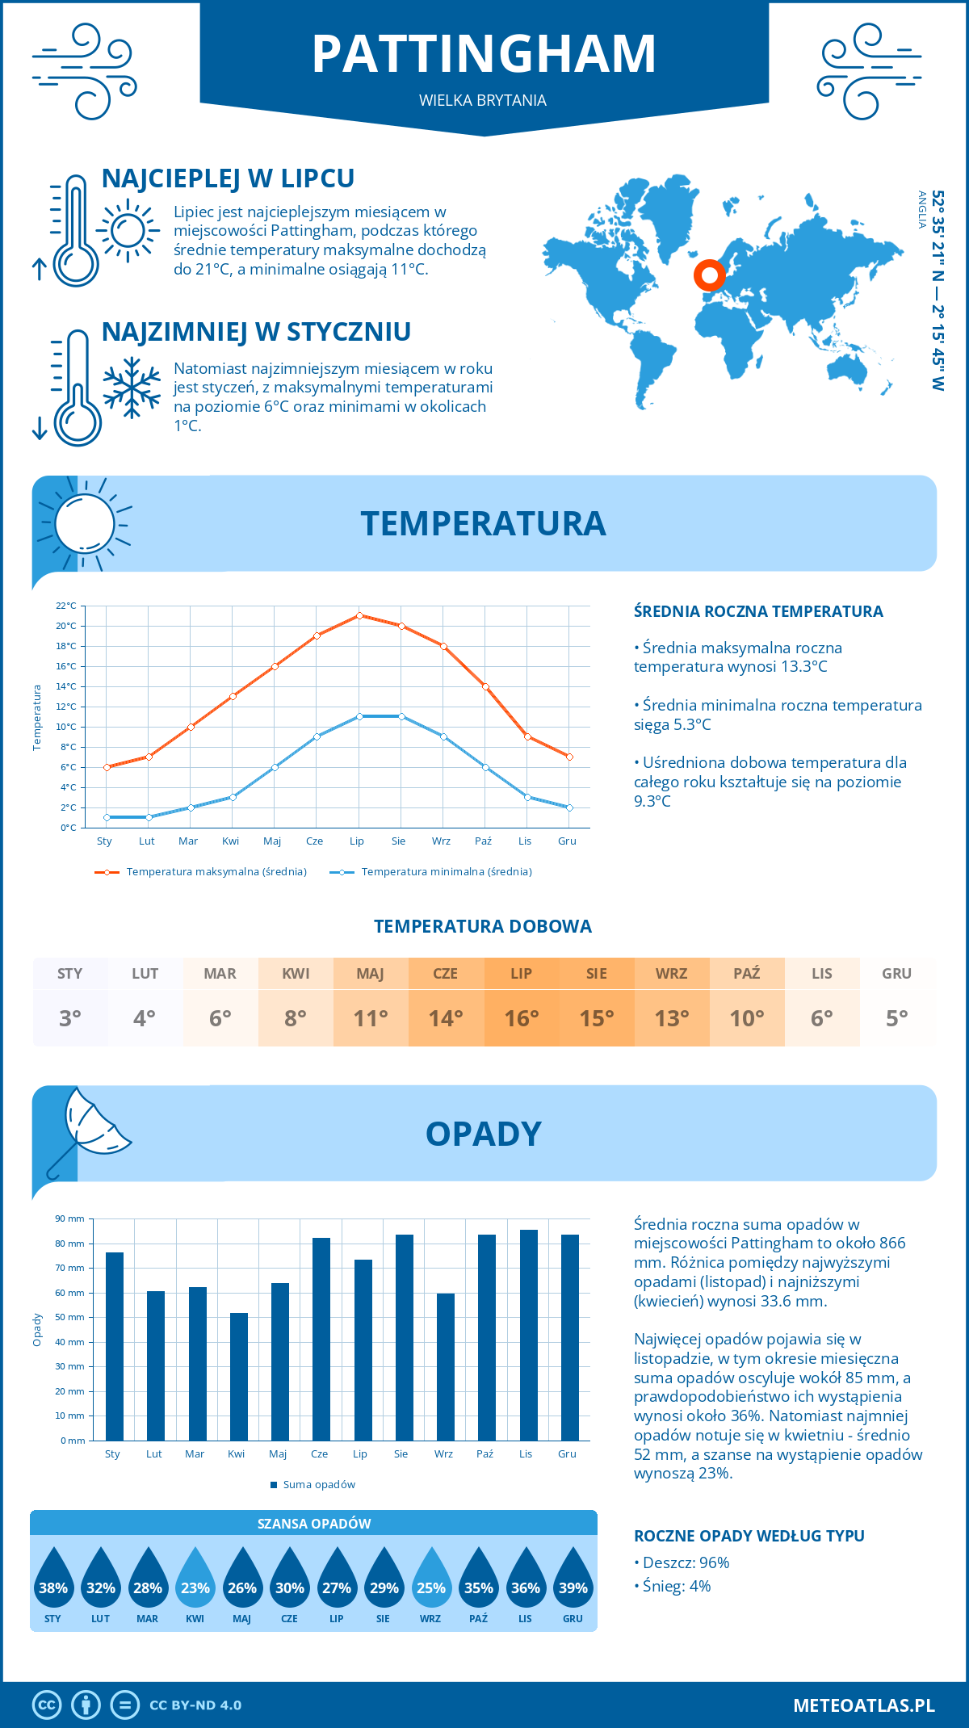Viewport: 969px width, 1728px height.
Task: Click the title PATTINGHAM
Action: tap(484, 54)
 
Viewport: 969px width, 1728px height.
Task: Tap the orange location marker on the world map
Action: tap(710, 275)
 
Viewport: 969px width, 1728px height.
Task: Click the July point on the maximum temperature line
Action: tap(359, 615)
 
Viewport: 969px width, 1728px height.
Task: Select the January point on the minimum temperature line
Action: tap(107, 817)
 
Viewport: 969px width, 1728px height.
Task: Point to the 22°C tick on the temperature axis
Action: tap(66, 606)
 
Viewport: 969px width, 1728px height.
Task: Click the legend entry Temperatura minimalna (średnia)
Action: tap(446, 872)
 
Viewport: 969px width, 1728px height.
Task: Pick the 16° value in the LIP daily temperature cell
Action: tap(521, 1018)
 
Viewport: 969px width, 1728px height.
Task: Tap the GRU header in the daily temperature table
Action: tap(896, 974)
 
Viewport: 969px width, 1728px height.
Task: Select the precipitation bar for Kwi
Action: tap(239, 1376)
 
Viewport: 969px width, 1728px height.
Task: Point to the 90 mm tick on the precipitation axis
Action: tap(70, 1218)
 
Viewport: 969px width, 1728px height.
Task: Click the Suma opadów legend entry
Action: tap(318, 1485)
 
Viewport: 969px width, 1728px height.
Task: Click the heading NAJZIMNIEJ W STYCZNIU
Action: tap(256, 332)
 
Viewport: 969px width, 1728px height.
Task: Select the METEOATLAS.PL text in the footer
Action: tap(863, 1705)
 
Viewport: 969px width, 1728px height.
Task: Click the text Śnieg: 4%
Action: tap(677, 1586)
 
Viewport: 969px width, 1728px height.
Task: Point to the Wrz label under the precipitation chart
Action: tap(443, 1454)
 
